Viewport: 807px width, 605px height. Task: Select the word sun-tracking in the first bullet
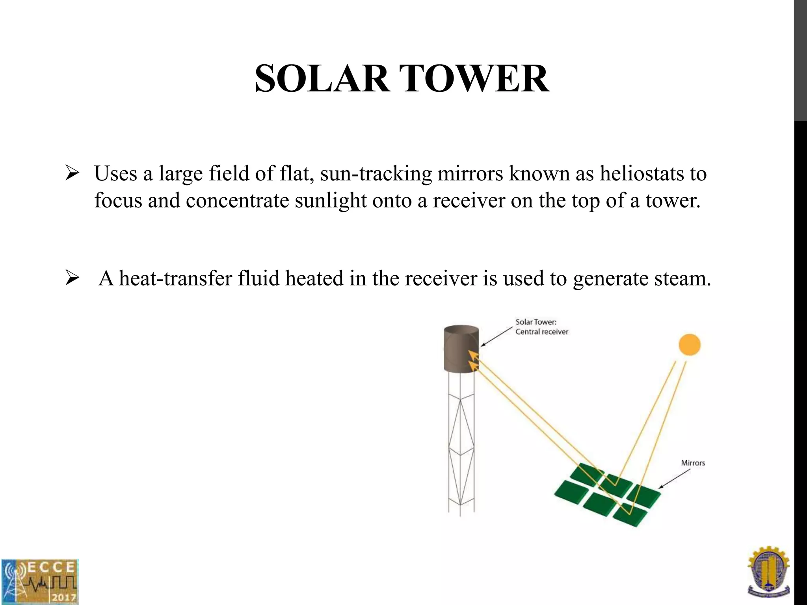[x=376, y=174]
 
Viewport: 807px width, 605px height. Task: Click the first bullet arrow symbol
[x=73, y=173]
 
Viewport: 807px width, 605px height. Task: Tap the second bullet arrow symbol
[x=73, y=278]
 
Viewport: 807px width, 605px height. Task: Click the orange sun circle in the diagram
[x=689, y=345]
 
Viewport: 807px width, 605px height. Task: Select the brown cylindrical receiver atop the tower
[x=461, y=349]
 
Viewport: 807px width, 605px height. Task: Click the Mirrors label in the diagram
[x=693, y=463]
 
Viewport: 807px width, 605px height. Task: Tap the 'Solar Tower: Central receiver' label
[x=542, y=327]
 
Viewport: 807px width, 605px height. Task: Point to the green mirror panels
[x=607, y=494]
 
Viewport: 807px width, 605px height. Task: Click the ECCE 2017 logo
[x=39, y=581]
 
